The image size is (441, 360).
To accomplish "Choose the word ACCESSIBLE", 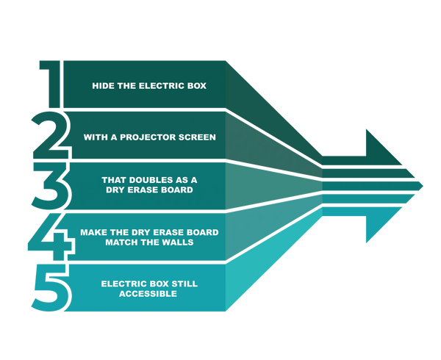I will [149, 294].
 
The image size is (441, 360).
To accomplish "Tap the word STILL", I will [185, 284].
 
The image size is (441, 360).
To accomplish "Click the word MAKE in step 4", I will [94, 232].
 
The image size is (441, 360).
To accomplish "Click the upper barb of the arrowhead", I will [367, 132].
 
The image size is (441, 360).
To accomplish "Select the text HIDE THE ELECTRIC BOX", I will [149, 86].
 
